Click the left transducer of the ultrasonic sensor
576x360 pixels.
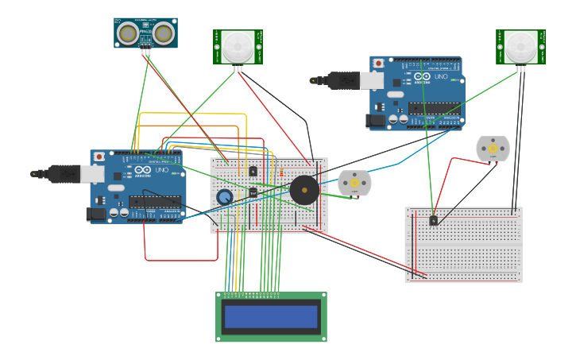[127, 33]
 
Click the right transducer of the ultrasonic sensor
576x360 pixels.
[164, 33]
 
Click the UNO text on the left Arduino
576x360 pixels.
[160, 170]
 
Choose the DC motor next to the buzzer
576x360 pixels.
[354, 184]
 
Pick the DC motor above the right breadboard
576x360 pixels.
[493, 149]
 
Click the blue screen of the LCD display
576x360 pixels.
[271, 316]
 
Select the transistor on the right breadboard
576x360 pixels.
[433, 220]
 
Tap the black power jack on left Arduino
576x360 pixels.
[96, 213]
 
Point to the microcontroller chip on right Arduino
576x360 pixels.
[434, 108]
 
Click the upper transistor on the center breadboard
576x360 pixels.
[253, 171]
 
